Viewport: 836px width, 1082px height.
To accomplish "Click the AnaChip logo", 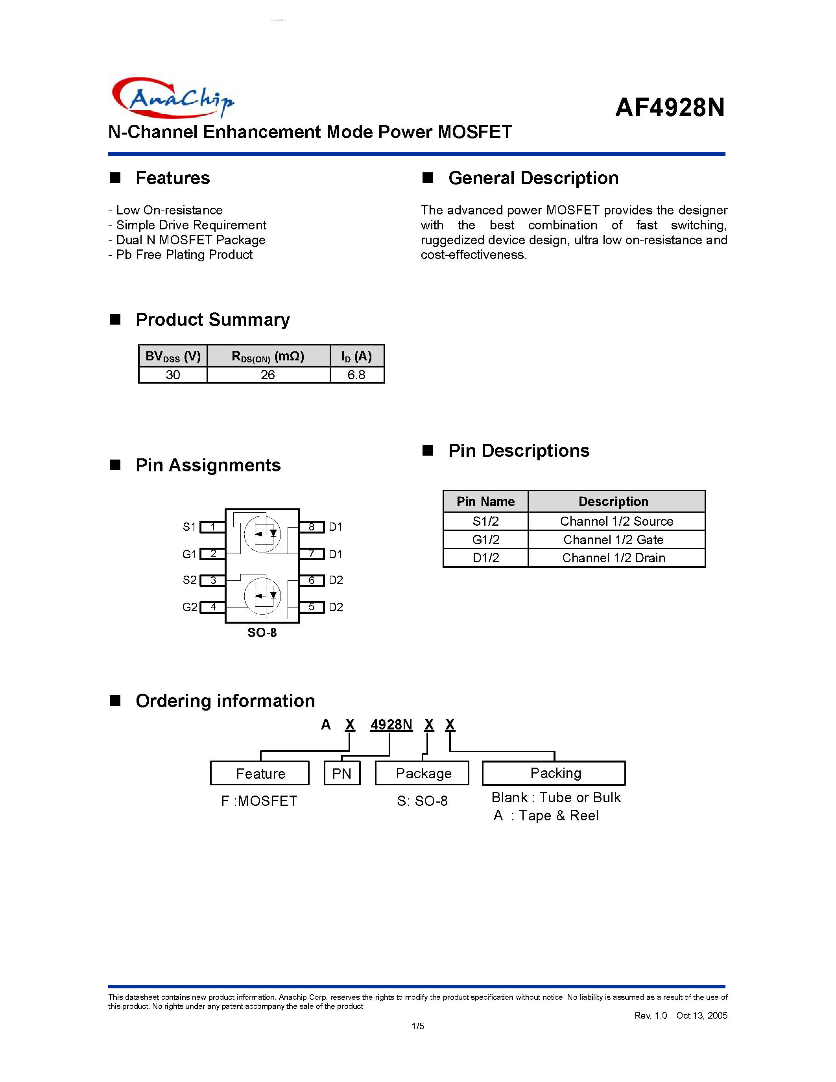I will [x=172, y=98].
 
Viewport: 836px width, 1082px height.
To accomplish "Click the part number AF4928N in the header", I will [x=670, y=107].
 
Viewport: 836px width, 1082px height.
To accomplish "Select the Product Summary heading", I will [x=212, y=319].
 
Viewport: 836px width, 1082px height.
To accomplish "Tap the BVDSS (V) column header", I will [x=173, y=356].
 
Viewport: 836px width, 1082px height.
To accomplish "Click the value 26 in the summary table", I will [x=268, y=375].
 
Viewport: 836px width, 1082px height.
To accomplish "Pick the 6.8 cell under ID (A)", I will [x=356, y=375].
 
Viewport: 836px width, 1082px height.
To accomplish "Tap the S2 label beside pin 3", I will [x=190, y=580].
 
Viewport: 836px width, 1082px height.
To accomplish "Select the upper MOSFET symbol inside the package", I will [x=262, y=534].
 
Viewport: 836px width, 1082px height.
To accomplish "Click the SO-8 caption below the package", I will [x=262, y=633].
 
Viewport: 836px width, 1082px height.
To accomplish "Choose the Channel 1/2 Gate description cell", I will [x=613, y=539].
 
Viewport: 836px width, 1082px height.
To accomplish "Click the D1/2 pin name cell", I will [x=485, y=558].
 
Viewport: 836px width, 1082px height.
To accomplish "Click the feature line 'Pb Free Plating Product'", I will [x=184, y=255].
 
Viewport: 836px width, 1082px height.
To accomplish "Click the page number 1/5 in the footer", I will [x=417, y=1026].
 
